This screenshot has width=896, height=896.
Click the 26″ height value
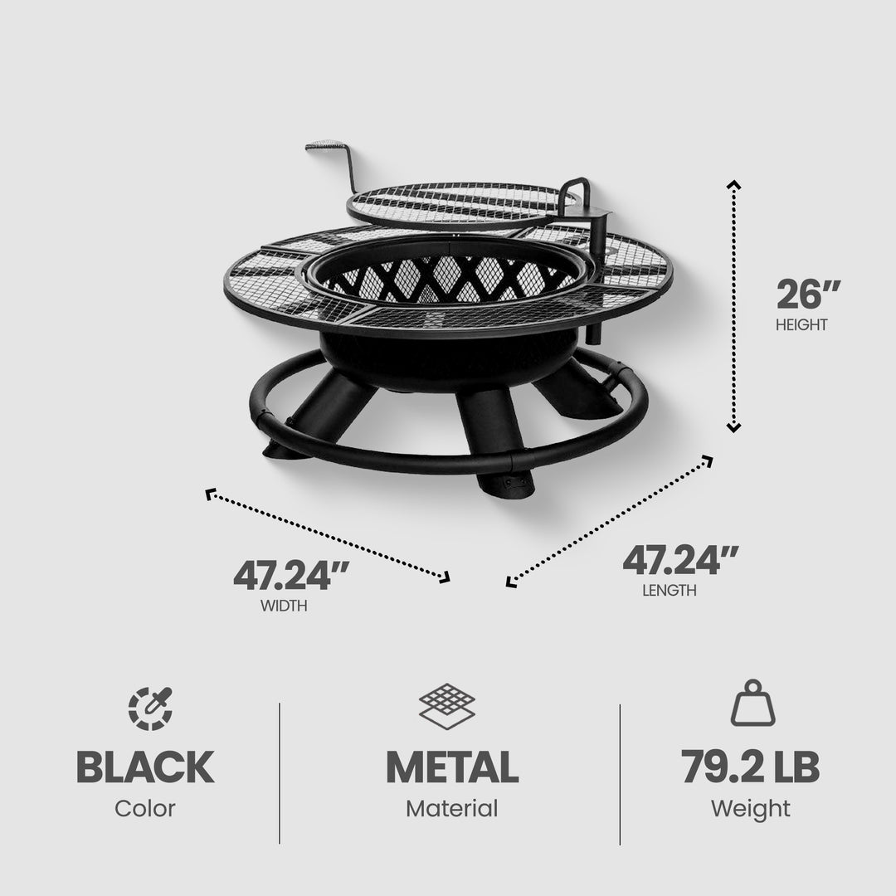(808, 295)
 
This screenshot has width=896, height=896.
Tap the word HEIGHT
(801, 325)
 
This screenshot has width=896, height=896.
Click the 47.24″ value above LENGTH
(681, 561)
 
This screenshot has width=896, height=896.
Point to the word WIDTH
(284, 606)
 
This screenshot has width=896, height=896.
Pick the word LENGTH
(669, 591)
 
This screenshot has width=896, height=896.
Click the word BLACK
(144, 767)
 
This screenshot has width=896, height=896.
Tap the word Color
(144, 808)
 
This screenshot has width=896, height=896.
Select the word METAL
(451, 767)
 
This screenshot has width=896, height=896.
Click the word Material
(451, 808)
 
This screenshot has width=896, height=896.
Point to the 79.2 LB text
(751, 767)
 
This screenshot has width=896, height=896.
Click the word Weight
(750, 808)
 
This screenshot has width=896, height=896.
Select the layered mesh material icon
(450, 705)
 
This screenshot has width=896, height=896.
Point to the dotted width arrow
(328, 534)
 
